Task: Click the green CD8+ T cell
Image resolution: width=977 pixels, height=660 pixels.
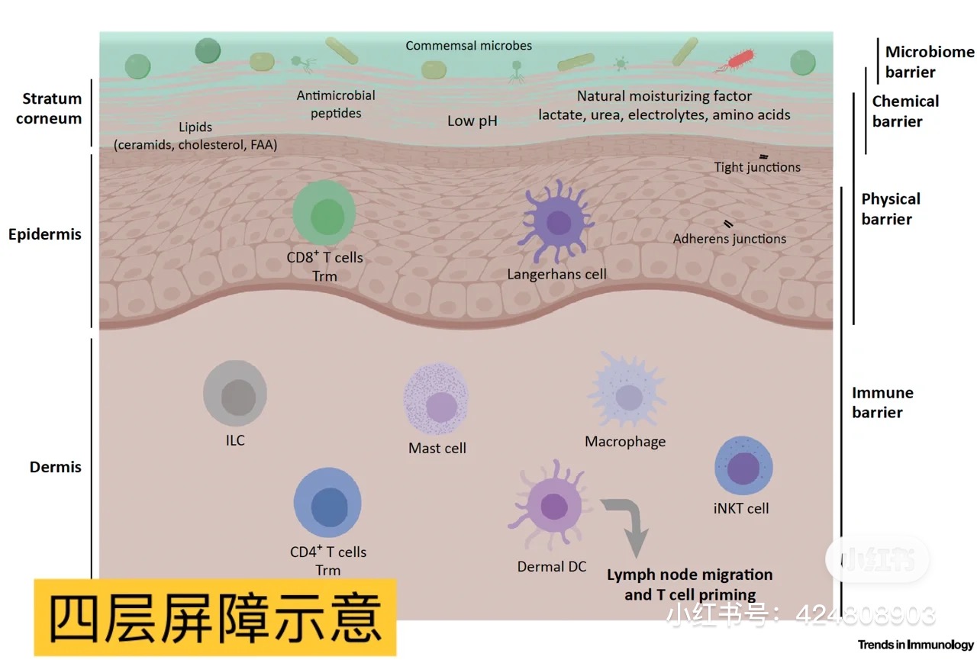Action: coord(324,213)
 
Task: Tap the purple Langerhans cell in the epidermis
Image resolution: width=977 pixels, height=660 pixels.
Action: coord(557,221)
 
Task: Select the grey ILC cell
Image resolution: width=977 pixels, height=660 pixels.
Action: coord(235,393)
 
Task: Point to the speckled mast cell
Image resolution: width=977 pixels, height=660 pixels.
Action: coord(436,399)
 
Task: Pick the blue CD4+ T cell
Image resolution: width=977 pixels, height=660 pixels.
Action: coord(327,502)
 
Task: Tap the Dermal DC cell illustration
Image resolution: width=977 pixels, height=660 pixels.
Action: coord(551,506)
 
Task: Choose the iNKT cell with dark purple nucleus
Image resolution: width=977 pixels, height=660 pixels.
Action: coord(743,465)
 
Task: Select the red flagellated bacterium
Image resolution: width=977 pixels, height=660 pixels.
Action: coord(737,60)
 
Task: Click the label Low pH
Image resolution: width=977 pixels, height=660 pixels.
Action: coord(472,121)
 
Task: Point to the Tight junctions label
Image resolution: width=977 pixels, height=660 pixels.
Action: coord(757,167)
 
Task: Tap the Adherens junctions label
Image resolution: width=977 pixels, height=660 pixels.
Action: coord(729,239)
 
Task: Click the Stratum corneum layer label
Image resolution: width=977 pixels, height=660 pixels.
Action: coord(49,108)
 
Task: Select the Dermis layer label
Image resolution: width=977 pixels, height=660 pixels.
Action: coord(56,467)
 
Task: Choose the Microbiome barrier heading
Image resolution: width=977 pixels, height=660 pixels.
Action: coord(930,62)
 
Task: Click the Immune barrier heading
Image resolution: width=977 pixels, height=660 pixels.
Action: coord(882,402)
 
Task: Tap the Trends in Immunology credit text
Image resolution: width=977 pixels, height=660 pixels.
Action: coord(915,644)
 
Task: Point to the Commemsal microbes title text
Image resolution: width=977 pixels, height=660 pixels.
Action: coord(469,45)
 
